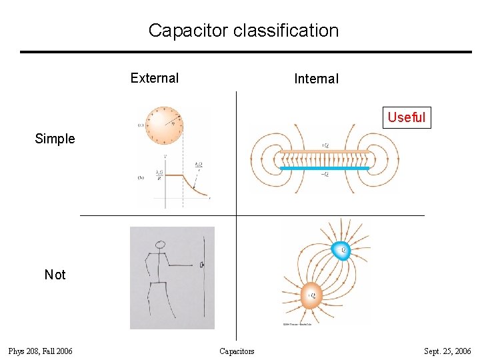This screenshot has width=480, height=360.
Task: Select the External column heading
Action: (155, 78)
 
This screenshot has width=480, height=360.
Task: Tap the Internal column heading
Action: (316, 79)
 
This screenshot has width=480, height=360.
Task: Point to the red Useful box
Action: (406, 117)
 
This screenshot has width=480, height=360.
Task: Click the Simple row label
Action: (55, 139)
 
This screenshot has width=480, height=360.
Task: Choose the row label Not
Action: (55, 275)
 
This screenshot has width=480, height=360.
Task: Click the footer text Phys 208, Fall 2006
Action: (40, 351)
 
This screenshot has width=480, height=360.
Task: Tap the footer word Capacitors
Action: (237, 351)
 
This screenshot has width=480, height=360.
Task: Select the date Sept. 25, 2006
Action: (447, 351)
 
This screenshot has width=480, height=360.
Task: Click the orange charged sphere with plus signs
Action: (164, 125)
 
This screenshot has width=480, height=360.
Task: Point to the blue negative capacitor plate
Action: (324, 169)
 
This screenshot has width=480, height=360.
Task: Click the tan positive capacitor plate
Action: (324, 151)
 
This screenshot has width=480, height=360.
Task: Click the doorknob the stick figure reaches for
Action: (201, 265)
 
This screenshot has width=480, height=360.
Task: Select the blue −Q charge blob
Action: (342, 250)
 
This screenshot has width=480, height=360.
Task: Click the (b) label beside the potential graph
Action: (141, 178)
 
